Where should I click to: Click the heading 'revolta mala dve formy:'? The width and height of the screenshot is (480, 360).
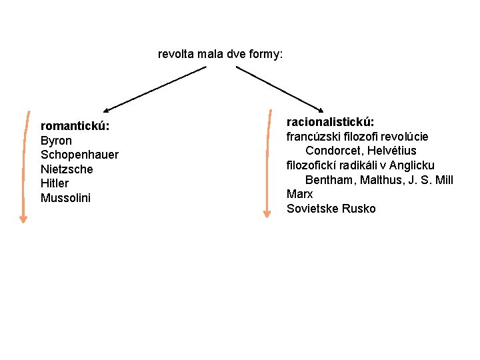(x=220, y=53)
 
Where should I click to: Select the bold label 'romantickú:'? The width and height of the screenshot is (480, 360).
(x=75, y=126)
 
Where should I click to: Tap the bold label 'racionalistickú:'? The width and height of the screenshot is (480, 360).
(x=330, y=122)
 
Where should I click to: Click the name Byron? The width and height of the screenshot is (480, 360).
(x=56, y=141)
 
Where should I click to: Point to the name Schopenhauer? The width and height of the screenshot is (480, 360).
(x=79, y=155)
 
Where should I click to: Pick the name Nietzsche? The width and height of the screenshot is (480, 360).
(x=67, y=169)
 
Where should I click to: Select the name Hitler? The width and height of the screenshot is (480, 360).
(x=55, y=183)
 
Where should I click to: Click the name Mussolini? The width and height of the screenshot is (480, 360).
(x=65, y=198)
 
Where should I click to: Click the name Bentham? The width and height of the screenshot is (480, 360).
(x=331, y=180)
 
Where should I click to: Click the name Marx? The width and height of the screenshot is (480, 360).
(x=299, y=194)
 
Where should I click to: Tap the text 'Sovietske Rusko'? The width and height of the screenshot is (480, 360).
(x=331, y=209)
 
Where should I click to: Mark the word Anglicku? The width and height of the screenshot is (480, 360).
(x=412, y=165)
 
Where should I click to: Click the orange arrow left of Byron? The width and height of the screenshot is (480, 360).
(x=25, y=167)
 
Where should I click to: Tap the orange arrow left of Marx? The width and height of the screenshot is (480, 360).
(x=267, y=163)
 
